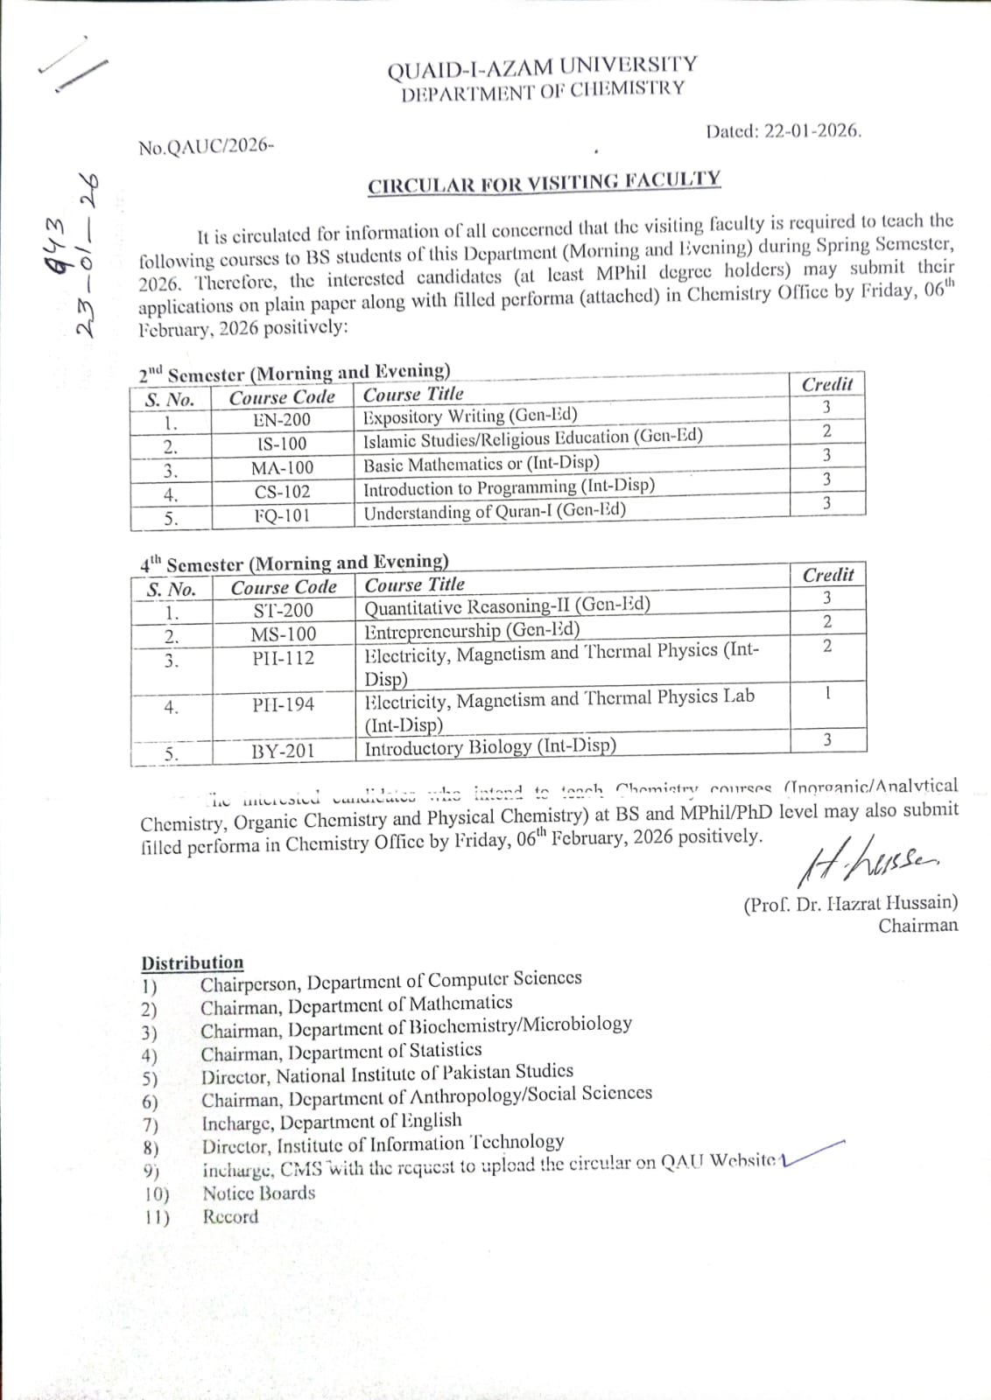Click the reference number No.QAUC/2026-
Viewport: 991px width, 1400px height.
pyautogui.click(x=206, y=147)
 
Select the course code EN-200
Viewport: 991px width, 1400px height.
pyautogui.click(x=282, y=420)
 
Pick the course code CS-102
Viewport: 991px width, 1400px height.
pyautogui.click(x=282, y=492)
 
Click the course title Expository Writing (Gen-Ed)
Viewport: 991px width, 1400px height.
pyautogui.click(x=470, y=416)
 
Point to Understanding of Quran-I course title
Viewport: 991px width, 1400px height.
pyautogui.click(x=495, y=511)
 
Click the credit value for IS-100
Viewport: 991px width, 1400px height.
pyautogui.click(x=826, y=430)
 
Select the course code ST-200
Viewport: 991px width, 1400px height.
pyautogui.click(x=283, y=611)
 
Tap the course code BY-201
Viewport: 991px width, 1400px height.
pyautogui.click(x=283, y=751)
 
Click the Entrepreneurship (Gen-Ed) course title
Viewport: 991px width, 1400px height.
pyautogui.click(x=472, y=630)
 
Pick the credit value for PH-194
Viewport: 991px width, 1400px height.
pyautogui.click(x=827, y=693)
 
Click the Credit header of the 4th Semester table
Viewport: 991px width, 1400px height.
pyautogui.click(x=827, y=575)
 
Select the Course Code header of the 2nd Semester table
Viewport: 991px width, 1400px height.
pyautogui.click(x=282, y=397)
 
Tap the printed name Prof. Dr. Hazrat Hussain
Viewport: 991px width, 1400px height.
pyautogui.click(x=850, y=903)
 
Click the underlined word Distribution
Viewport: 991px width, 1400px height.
pyautogui.click(x=193, y=962)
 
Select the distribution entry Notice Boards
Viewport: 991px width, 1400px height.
pyautogui.click(x=258, y=1193)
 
